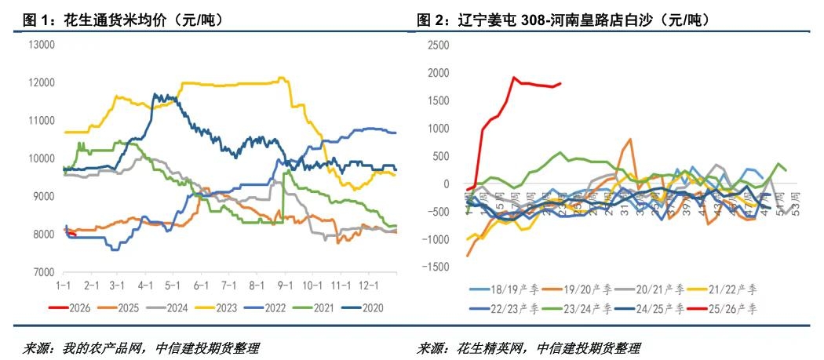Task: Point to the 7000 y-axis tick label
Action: point(41,271)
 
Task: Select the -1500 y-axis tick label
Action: point(434,267)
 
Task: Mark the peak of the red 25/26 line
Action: point(514,77)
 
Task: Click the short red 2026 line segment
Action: point(70,232)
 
